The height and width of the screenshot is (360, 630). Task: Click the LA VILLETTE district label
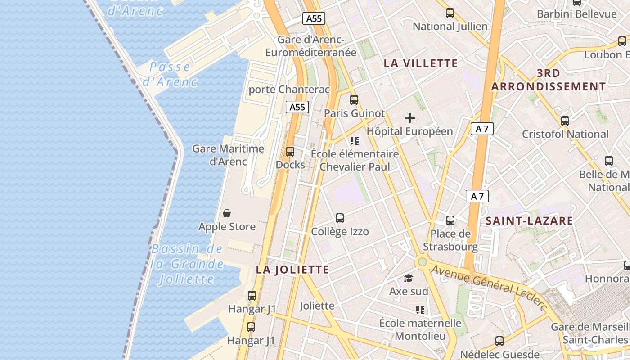point(421,63)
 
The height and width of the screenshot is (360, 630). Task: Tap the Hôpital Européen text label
point(409,131)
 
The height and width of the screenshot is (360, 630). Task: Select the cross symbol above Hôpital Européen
point(409,118)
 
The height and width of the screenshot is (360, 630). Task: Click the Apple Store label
point(227,227)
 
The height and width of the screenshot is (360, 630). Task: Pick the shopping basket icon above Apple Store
point(227,213)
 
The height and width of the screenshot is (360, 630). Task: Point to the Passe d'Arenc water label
point(170,74)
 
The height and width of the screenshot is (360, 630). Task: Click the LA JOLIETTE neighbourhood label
point(292,270)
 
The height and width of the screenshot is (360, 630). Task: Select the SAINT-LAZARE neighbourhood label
point(529,221)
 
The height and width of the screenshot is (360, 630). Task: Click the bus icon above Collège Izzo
point(340,218)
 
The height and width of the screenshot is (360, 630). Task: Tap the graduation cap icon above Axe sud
point(408,278)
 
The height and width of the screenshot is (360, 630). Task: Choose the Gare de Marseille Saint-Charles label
point(589,333)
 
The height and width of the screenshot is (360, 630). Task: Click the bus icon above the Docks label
point(290,152)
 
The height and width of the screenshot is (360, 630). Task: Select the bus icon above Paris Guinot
point(354,100)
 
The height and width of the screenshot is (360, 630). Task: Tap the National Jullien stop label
point(450,27)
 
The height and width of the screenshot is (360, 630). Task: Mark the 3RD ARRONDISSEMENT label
point(549,80)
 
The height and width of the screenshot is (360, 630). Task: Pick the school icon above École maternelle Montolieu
point(420,310)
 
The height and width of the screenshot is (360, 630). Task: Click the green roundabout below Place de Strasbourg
point(422,261)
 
